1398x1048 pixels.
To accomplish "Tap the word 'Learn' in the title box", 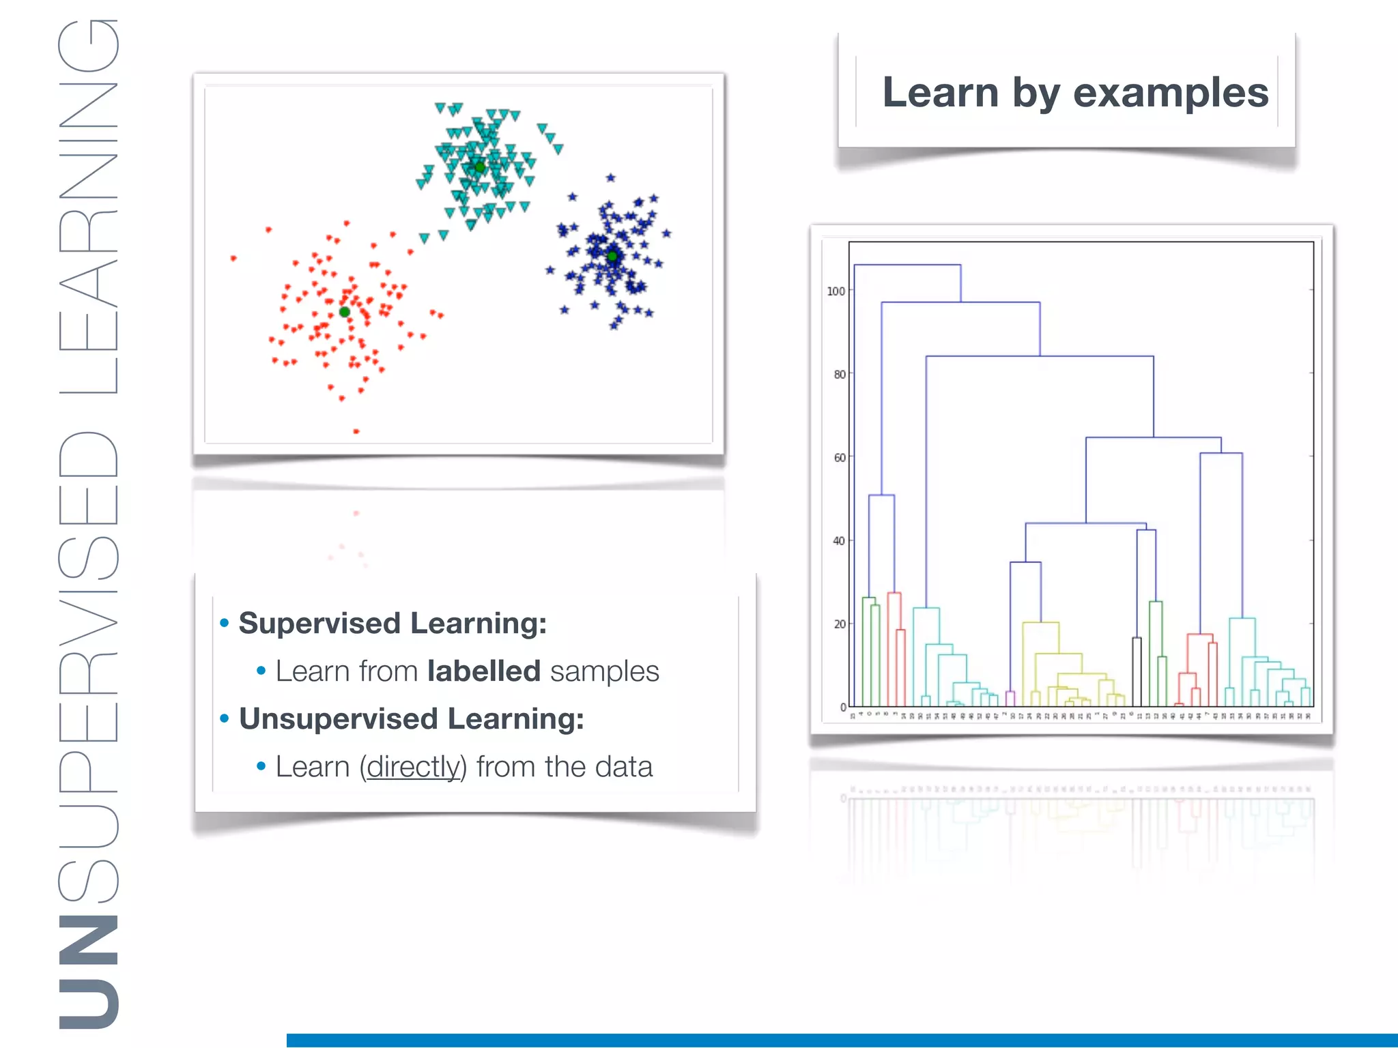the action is click(941, 92).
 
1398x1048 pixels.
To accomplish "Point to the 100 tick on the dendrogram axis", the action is click(836, 291).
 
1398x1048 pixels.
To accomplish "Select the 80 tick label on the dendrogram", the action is click(839, 375).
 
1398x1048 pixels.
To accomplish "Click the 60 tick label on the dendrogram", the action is click(839, 458).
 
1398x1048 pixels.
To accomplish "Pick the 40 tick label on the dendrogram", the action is click(839, 541).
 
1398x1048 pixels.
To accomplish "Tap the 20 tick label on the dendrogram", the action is click(839, 624).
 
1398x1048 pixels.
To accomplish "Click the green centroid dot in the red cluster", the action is click(345, 312).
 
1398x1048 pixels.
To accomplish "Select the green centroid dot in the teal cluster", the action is click(480, 166).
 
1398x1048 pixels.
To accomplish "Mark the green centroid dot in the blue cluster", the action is click(612, 256).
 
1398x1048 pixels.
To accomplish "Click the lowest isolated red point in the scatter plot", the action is click(356, 431).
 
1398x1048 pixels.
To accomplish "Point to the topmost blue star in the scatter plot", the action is click(611, 178).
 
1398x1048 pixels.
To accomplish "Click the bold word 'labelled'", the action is click(483, 671).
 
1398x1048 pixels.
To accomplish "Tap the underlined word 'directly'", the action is click(413, 767).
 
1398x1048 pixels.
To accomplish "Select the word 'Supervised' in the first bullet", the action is click(319, 624).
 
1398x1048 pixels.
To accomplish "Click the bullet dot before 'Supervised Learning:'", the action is click(224, 623).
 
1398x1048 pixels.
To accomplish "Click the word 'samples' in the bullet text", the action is click(604, 671).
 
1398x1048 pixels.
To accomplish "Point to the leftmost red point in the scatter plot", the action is click(233, 258).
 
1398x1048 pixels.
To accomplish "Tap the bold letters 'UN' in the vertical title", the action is click(89, 972).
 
